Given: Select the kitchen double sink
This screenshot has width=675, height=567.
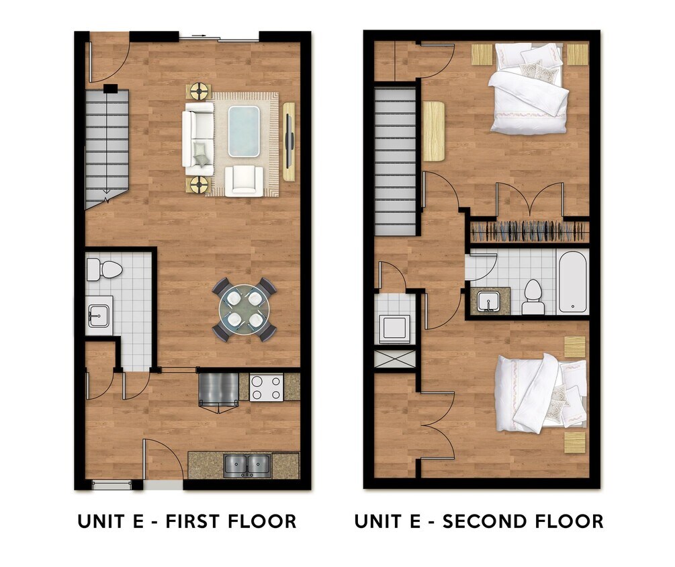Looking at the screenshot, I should (x=247, y=464).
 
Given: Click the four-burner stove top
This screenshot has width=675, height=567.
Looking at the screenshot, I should (x=266, y=388).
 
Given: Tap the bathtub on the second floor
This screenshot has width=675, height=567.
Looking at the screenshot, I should (x=573, y=282).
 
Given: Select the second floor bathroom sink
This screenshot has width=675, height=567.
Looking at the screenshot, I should (x=491, y=302).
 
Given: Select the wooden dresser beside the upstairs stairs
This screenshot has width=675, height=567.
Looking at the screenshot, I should (x=434, y=131).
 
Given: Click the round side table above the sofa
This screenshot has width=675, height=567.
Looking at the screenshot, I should (x=199, y=90).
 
